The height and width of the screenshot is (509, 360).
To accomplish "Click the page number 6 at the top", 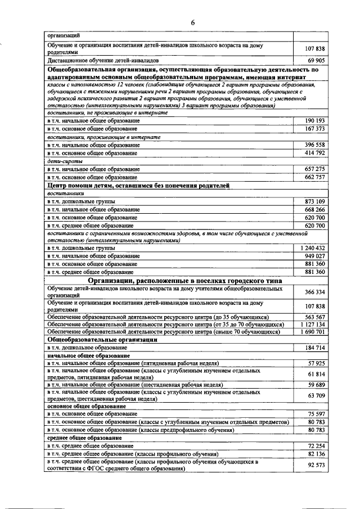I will [192, 23].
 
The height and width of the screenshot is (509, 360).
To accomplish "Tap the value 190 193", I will [315, 121].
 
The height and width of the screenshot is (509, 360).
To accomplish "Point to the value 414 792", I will [315, 153].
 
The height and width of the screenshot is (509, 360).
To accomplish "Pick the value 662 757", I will [315, 177].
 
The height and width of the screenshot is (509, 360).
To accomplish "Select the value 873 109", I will [315, 201].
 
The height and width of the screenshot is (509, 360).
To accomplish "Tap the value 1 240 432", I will [312, 248].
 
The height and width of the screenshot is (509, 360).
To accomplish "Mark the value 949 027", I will [315, 256].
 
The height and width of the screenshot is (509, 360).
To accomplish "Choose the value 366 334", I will [315, 292].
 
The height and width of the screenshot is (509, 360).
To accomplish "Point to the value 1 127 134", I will [312, 325].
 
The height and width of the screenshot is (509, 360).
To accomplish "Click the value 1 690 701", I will [312, 332].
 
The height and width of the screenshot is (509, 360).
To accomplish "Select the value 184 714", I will [315, 348].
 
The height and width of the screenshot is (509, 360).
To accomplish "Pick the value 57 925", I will [317, 364].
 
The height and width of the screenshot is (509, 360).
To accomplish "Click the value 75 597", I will [317, 414].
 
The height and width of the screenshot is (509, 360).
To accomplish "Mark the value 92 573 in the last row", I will [317, 465].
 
